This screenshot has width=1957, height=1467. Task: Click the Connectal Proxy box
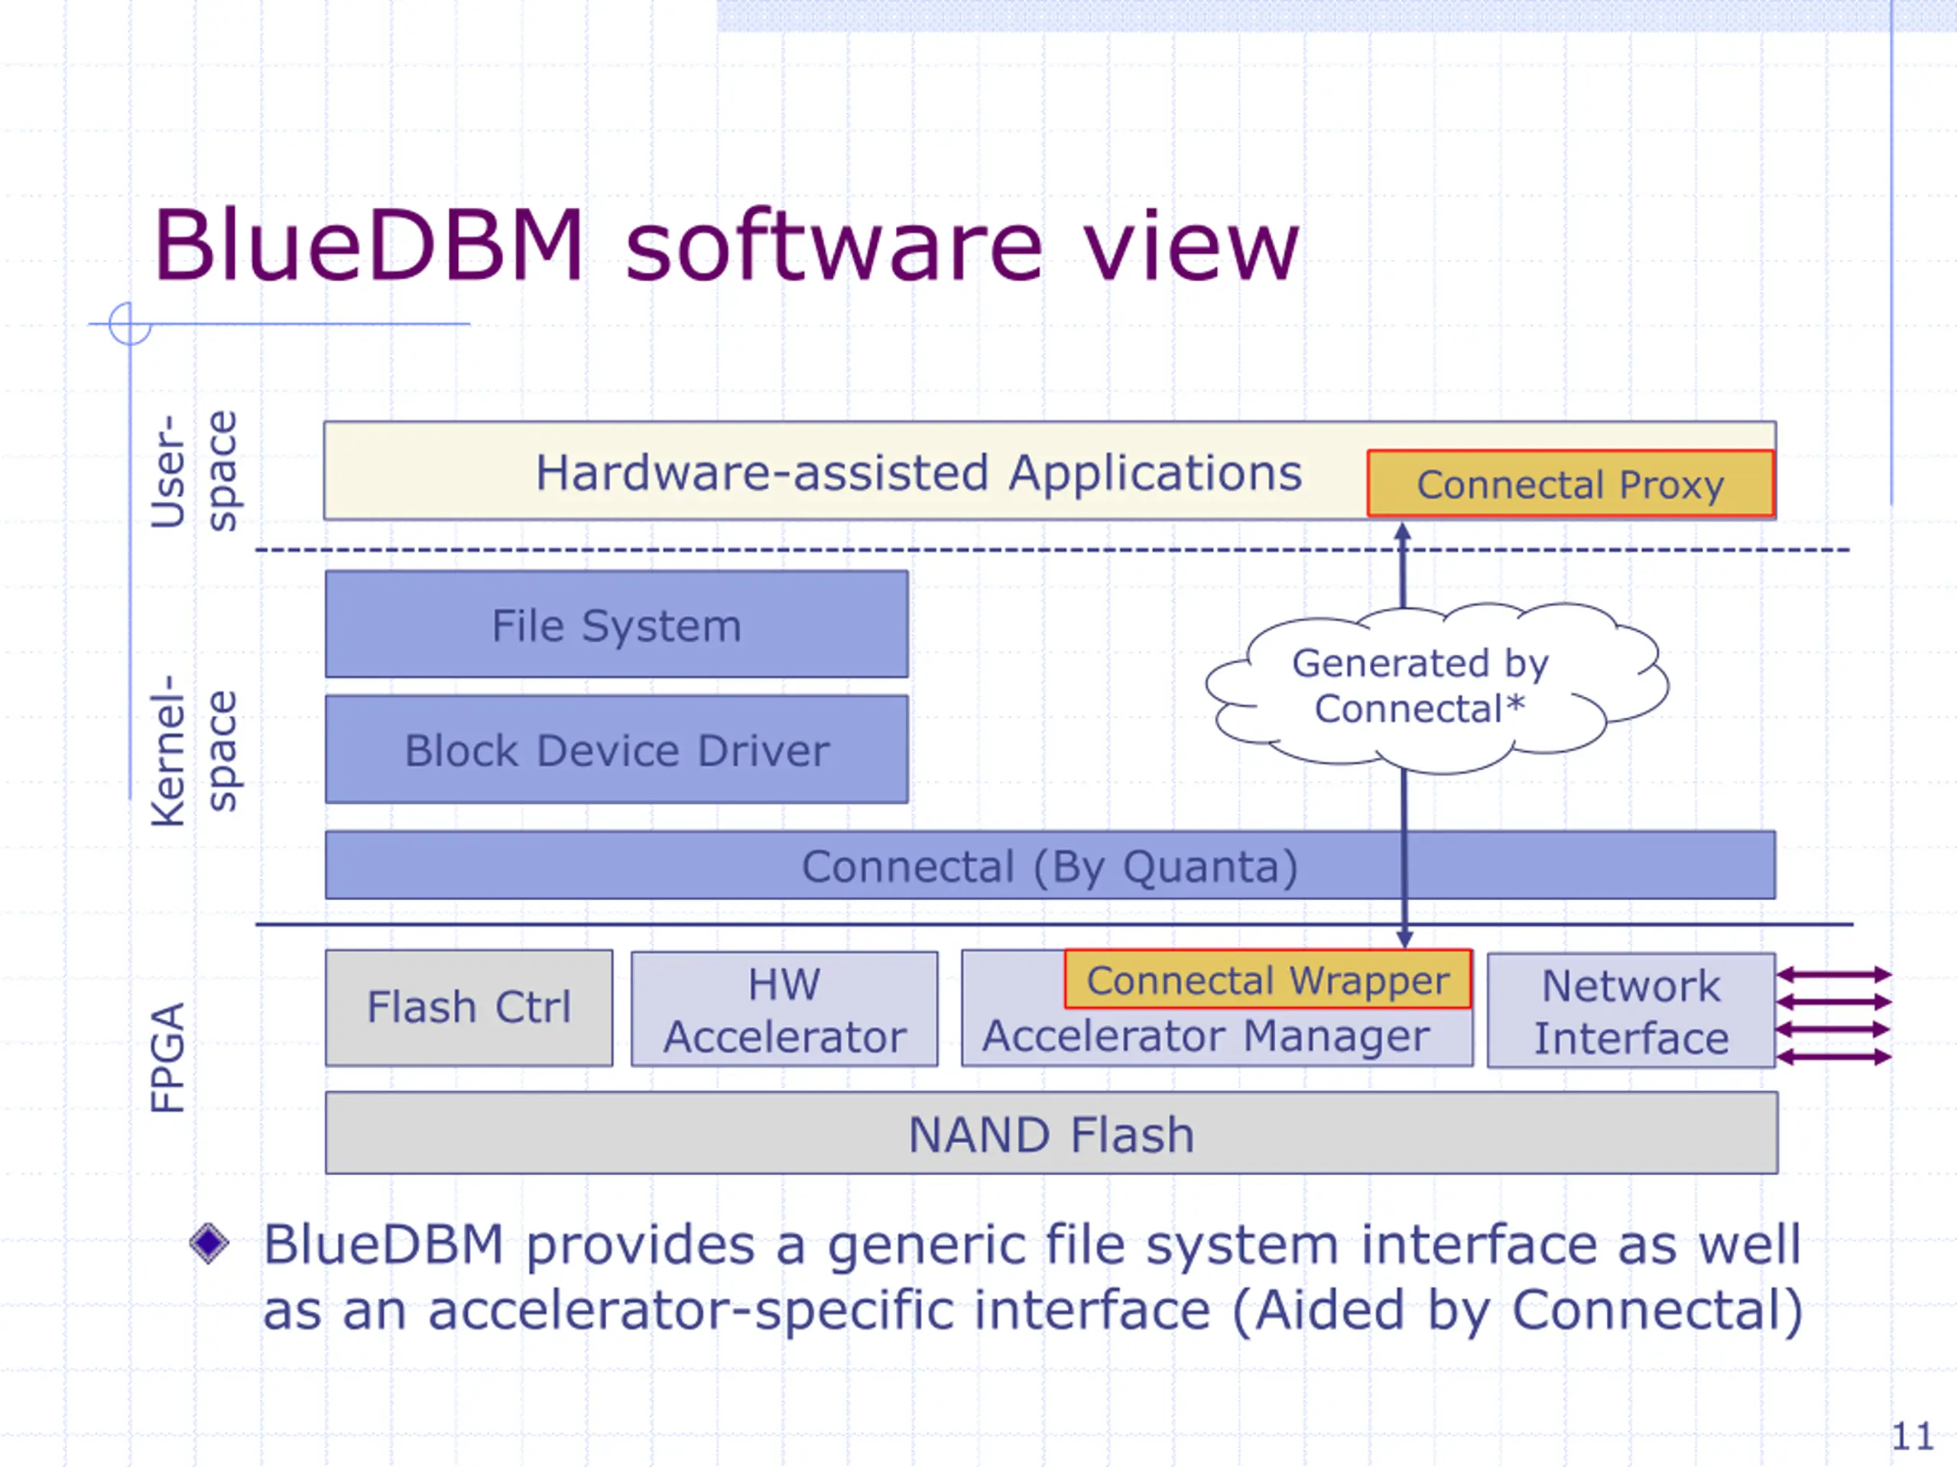point(1570,484)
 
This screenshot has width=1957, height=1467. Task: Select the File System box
point(617,624)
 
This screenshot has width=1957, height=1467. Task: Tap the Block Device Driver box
point(617,749)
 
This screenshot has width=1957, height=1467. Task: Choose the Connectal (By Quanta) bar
point(1050,865)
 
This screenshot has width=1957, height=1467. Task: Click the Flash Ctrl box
point(469,1008)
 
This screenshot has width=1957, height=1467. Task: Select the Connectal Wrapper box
point(1267,980)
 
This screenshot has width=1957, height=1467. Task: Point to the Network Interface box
point(1631,1011)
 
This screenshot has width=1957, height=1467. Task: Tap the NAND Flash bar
point(1052,1134)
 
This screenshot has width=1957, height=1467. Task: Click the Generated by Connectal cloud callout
point(1436,687)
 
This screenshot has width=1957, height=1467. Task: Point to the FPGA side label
point(167,1057)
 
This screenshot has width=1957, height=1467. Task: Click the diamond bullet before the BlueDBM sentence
point(209,1243)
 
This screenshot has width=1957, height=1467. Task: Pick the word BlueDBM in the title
point(368,245)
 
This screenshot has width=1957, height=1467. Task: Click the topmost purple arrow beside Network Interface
point(1833,974)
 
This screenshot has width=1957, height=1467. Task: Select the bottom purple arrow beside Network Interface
point(1833,1057)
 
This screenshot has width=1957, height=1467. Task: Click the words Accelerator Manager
point(1206,1036)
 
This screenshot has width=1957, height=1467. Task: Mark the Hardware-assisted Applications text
point(919,474)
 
